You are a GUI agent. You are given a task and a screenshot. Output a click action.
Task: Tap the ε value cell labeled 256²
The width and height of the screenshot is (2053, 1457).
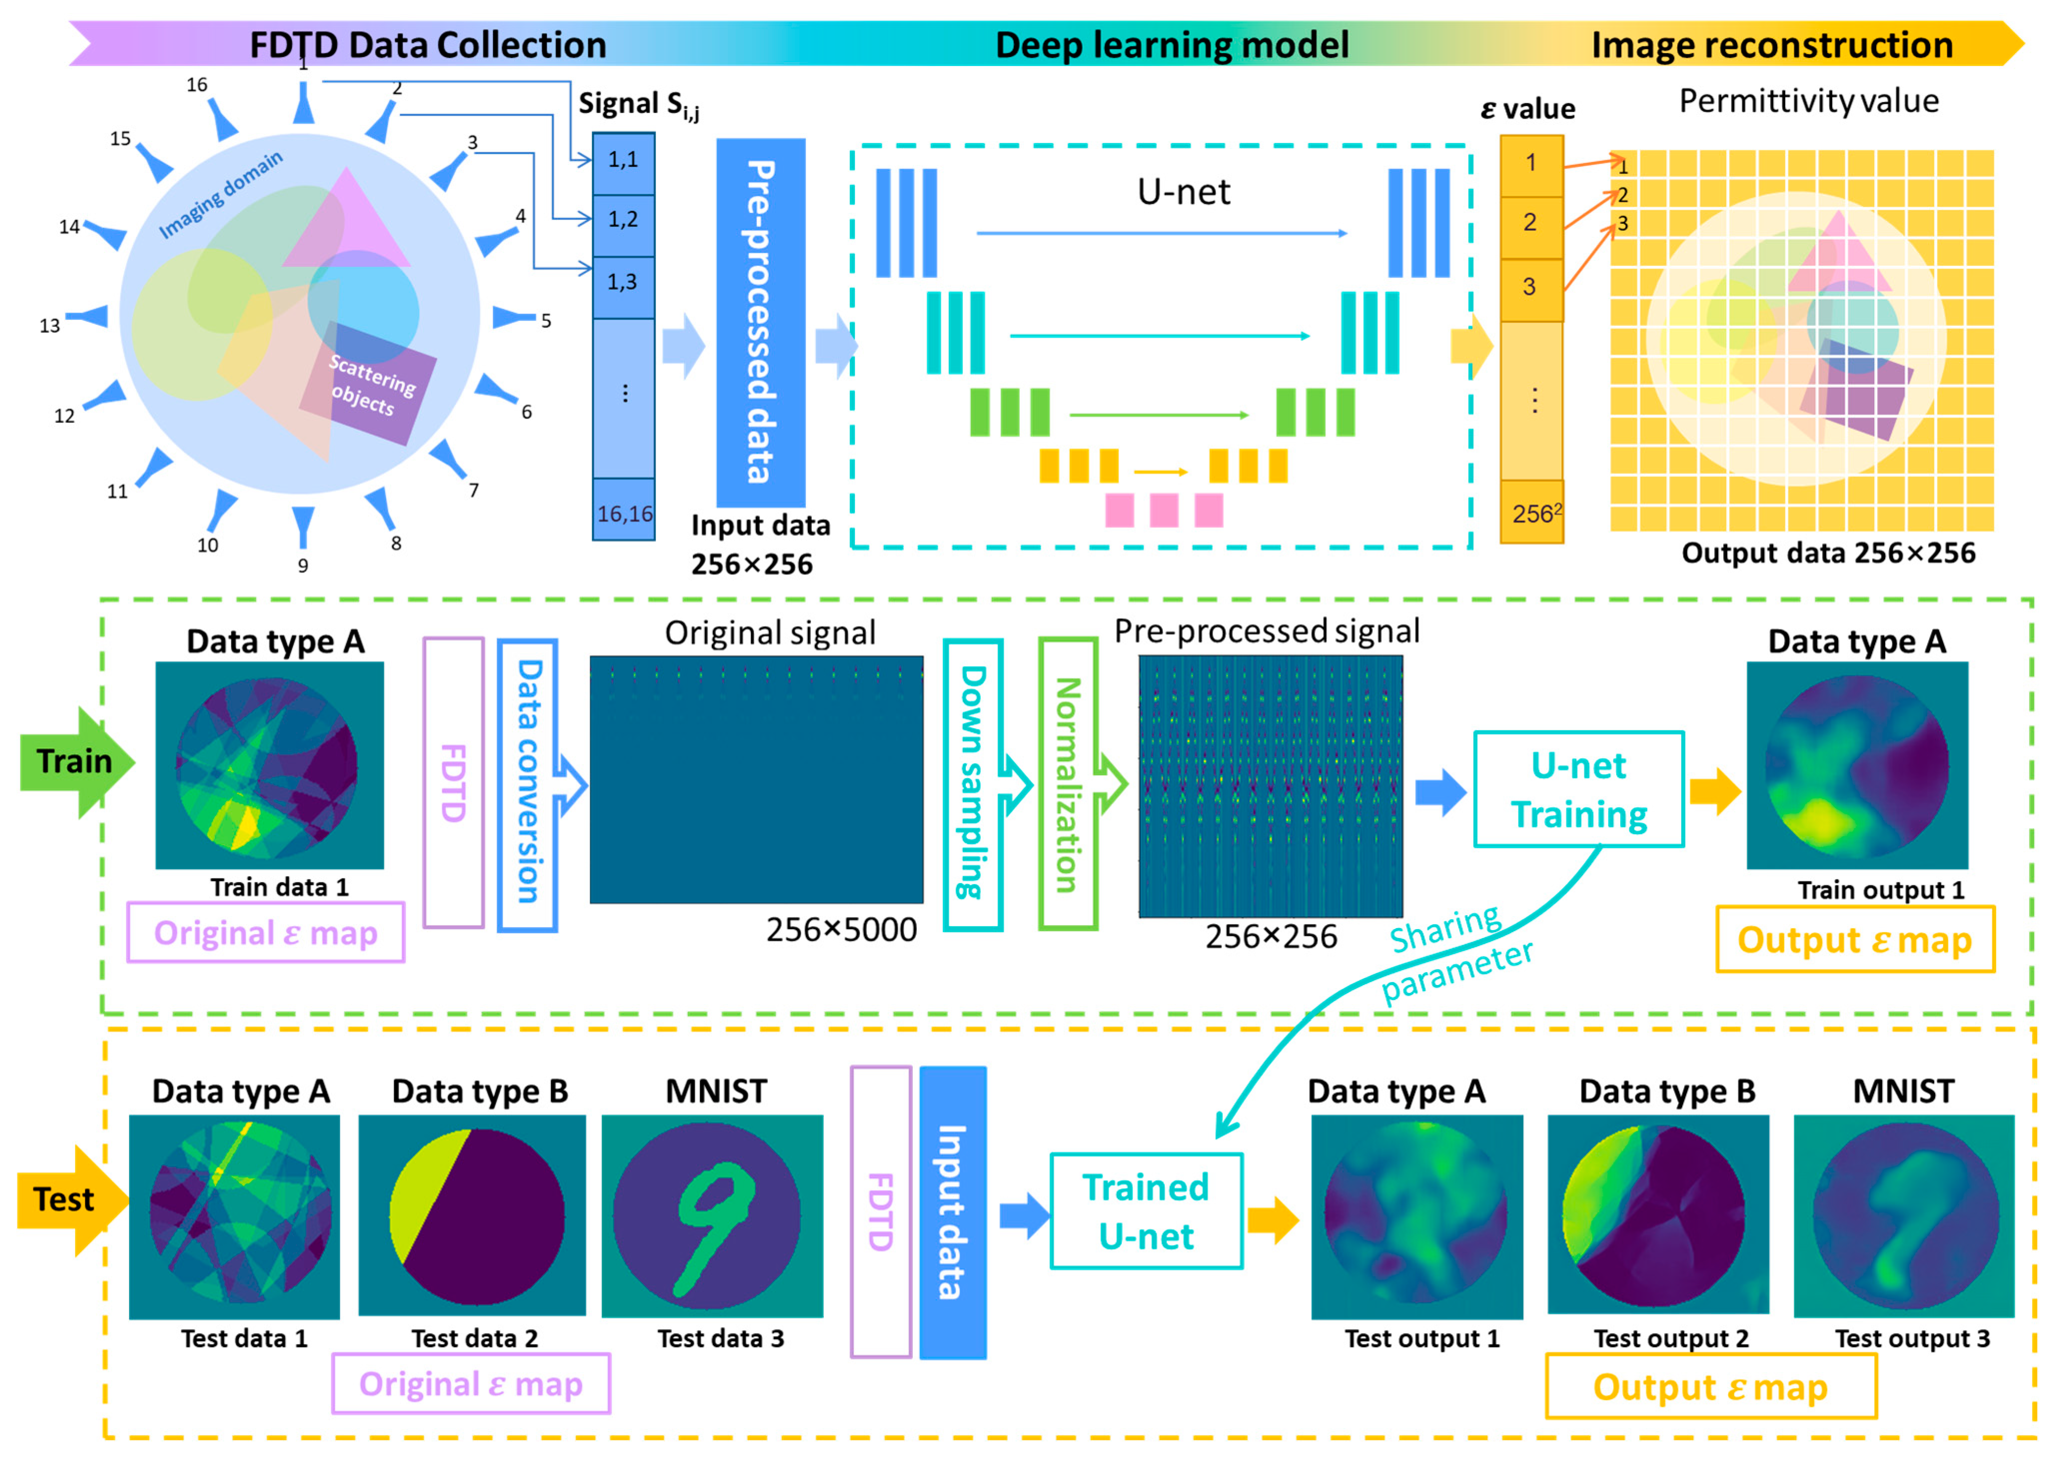coord(1532,513)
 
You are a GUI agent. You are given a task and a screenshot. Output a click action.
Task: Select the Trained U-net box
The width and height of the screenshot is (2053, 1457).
coord(1146,1211)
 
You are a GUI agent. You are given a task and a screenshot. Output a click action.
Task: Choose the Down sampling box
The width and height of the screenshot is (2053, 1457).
coord(972,783)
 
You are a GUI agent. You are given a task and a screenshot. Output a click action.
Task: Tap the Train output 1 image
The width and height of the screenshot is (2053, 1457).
coord(1857,765)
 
